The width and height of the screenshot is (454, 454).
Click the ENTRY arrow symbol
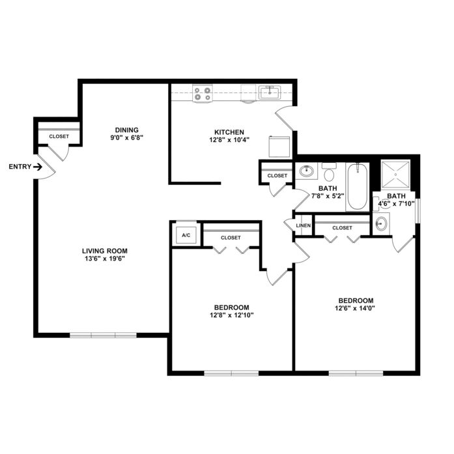[x=38, y=167]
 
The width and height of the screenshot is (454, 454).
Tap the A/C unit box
[x=186, y=235]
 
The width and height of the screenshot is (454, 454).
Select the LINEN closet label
[x=304, y=225]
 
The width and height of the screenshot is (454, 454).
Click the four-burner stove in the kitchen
[x=203, y=93]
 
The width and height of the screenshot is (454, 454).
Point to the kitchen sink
[x=269, y=92]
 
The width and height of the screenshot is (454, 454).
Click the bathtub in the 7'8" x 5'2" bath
[x=358, y=186]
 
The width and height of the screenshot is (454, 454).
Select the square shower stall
[x=395, y=175]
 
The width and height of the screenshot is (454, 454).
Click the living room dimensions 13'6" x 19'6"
[x=104, y=259]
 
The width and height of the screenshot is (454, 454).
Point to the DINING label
[x=126, y=130]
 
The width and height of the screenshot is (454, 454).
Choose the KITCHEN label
[x=229, y=132]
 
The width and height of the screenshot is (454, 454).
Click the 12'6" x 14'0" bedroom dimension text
[x=355, y=308]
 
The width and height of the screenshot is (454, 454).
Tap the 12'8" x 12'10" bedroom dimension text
[x=232, y=315]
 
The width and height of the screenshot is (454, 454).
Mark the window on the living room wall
[x=103, y=335]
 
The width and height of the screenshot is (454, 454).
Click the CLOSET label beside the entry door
[x=59, y=136]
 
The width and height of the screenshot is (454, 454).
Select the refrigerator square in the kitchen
[x=279, y=147]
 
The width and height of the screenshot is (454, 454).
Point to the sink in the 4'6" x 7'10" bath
[x=381, y=223]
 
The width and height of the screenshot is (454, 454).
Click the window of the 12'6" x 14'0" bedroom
[x=356, y=373]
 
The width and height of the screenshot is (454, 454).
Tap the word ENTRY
[x=20, y=167]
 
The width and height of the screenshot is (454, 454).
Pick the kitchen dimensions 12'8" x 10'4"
[x=229, y=140]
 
